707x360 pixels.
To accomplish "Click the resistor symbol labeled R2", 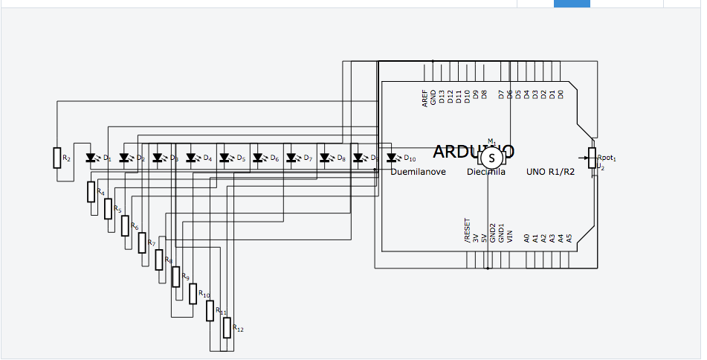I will tap(57, 158).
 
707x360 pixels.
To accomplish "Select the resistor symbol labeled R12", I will tap(227, 327).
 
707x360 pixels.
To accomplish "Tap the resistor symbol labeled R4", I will tap(91, 191).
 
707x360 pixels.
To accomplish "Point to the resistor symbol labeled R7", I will tap(141, 242).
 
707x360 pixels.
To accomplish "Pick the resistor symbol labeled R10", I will tap(193, 293).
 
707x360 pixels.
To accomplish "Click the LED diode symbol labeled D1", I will tap(91, 158).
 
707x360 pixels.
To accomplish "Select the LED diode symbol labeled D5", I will tap(225, 158).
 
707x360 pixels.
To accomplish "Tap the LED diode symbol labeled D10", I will tap(392, 158).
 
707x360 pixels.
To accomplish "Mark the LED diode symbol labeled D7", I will tap(291, 158).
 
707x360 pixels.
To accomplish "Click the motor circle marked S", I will tap(491, 158).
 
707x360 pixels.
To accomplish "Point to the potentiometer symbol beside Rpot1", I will tap(592, 156).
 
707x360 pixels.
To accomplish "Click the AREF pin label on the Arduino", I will tap(424, 99).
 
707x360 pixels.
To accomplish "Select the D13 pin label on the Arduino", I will tap(442, 97).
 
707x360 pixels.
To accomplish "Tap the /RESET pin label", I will tap(467, 231).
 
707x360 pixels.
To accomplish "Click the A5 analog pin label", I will tap(569, 238).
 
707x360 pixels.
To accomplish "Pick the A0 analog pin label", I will tap(526, 238).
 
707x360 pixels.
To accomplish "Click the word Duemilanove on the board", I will tap(419, 172).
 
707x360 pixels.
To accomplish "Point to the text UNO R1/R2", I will tap(552, 172).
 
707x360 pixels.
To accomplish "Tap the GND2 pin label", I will tap(492, 234).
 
